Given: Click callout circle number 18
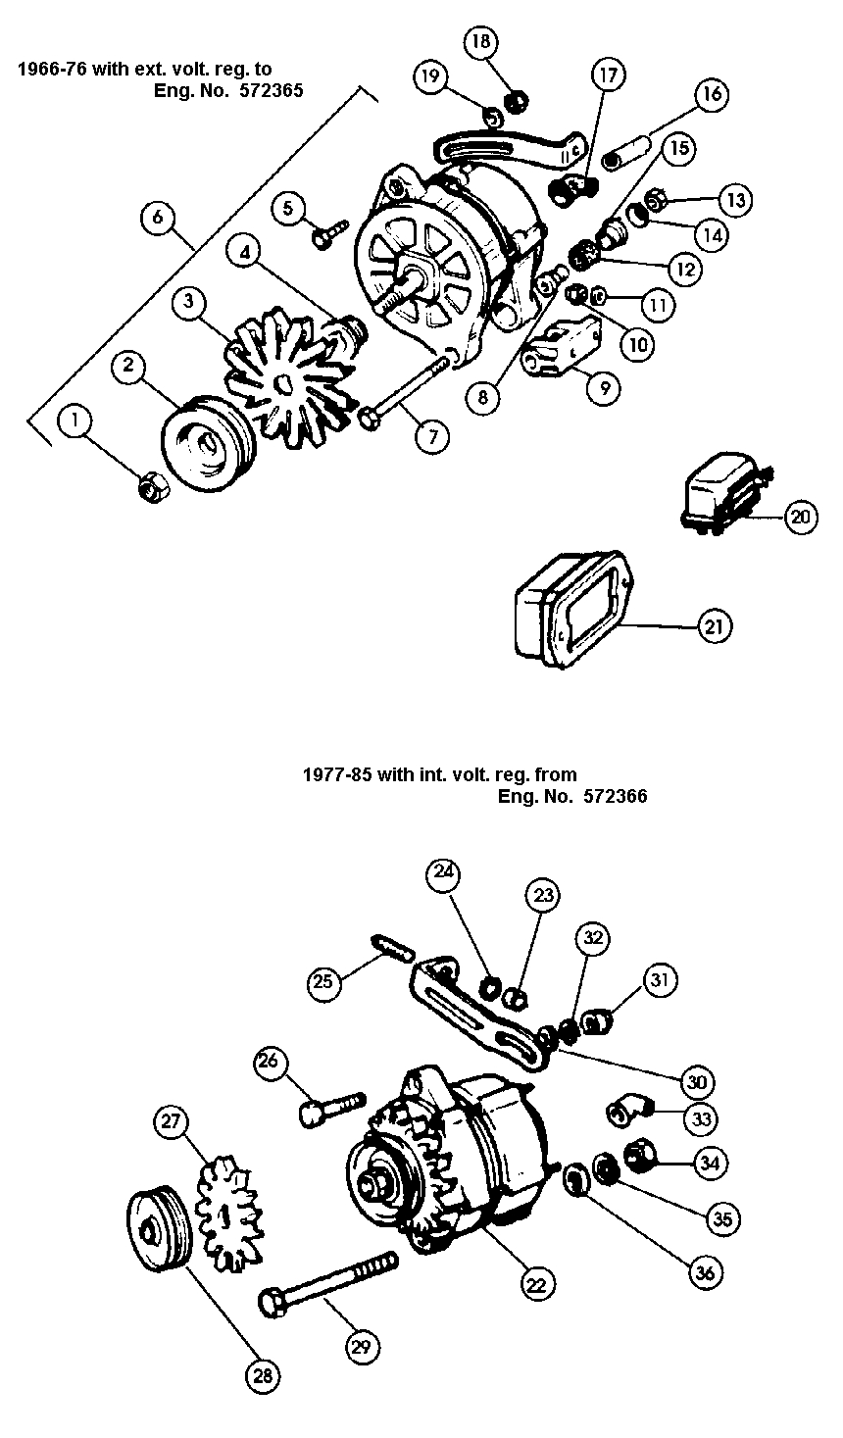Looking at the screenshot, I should [482, 43].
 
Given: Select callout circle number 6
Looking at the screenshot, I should [159, 217].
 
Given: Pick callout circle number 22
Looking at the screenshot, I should [538, 1284].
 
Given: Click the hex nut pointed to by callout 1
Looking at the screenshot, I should [155, 483].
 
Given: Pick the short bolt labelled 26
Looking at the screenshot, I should [329, 1107].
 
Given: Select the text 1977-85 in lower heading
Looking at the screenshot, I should [329, 774].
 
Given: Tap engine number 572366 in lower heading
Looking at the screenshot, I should [614, 796].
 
